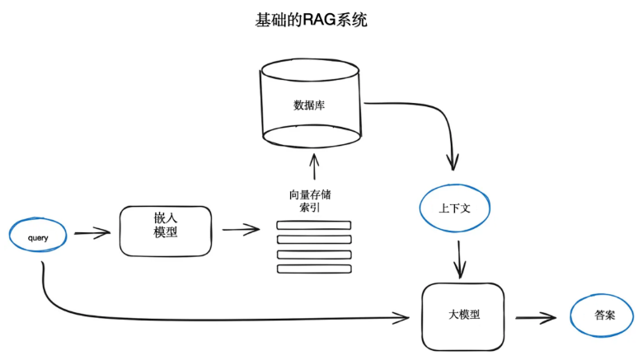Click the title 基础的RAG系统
click(x=311, y=21)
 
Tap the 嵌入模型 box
click(x=165, y=230)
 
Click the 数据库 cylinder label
click(x=310, y=105)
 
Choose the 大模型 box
click(x=463, y=316)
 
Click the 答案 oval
click(x=603, y=316)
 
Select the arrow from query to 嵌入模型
click(x=91, y=234)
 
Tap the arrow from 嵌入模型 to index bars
click(x=241, y=230)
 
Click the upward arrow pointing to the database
click(x=312, y=167)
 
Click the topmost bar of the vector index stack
click(x=313, y=225)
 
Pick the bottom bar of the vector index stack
click(x=313, y=269)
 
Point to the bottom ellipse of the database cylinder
click(x=312, y=135)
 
